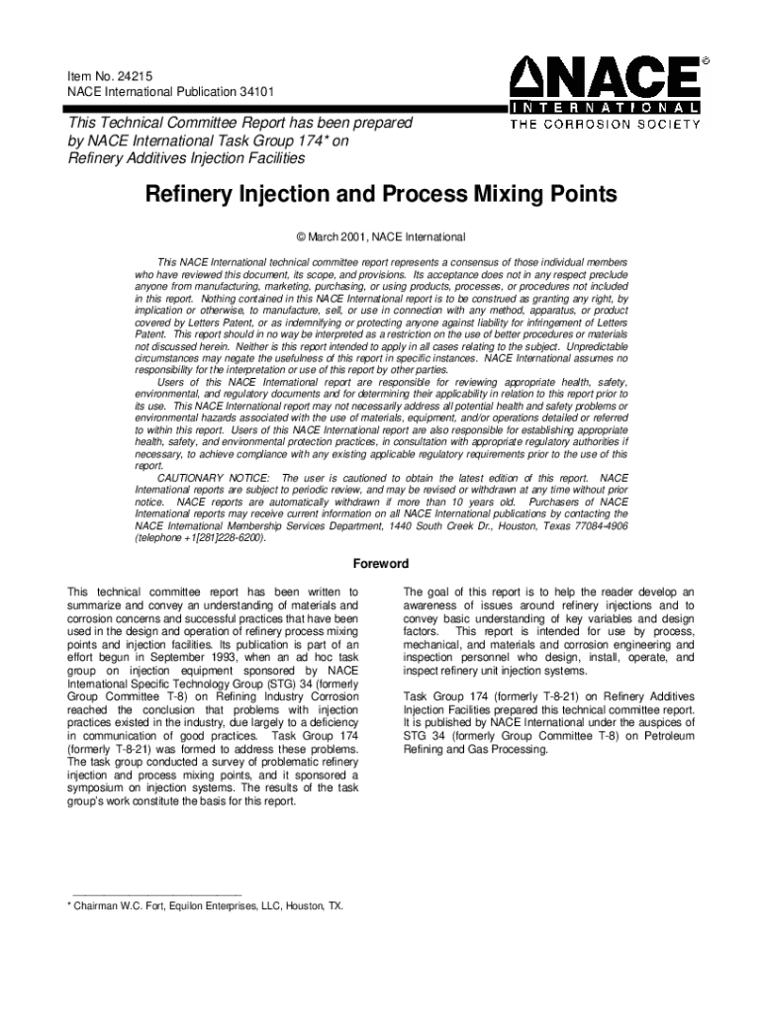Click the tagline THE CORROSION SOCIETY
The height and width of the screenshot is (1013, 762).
tap(605, 125)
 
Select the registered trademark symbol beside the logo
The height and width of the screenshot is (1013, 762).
tap(706, 60)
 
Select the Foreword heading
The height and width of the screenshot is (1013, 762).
tap(381, 565)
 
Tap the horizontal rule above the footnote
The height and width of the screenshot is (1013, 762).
tap(149, 893)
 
